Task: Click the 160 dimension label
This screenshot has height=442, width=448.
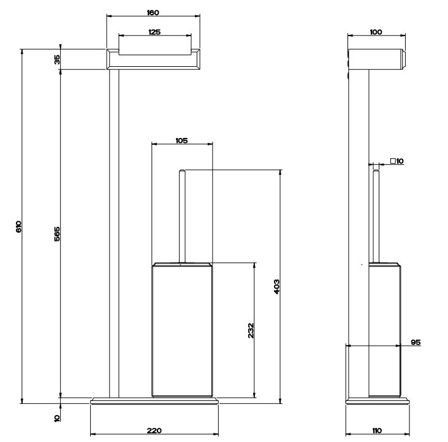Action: pyautogui.click(x=153, y=13)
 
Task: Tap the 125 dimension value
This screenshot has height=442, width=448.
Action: pyautogui.click(x=154, y=32)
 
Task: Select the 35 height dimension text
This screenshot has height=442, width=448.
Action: pyautogui.click(x=57, y=59)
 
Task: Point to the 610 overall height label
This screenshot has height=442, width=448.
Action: pyautogui.click(x=18, y=227)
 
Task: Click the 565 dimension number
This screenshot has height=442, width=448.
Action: pyautogui.click(x=57, y=234)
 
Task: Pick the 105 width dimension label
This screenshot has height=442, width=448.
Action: pyautogui.click(x=182, y=140)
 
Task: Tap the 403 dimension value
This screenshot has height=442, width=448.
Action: pyautogui.click(x=276, y=287)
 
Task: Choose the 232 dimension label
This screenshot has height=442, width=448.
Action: pyautogui.click(x=251, y=330)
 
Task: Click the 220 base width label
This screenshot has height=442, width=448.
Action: pyautogui.click(x=154, y=430)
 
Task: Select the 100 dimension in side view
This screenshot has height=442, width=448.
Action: pyautogui.click(x=376, y=32)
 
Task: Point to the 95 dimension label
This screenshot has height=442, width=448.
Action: pyautogui.click(x=416, y=342)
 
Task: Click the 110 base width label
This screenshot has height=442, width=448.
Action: pyautogui.click(x=377, y=430)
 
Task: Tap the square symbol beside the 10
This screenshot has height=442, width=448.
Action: pyautogui.click(x=393, y=161)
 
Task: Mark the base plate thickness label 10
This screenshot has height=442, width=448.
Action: pyautogui.click(x=57, y=418)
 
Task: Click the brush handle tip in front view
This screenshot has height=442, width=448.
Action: pyautogui.click(x=182, y=170)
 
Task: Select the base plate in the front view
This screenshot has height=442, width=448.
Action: pyautogui.click(x=154, y=400)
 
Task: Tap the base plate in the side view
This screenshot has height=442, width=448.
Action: pyautogui.click(x=378, y=400)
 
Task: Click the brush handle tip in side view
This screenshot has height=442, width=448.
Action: pyautogui.click(x=376, y=170)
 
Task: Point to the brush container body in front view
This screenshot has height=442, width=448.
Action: pyautogui.click(x=182, y=330)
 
